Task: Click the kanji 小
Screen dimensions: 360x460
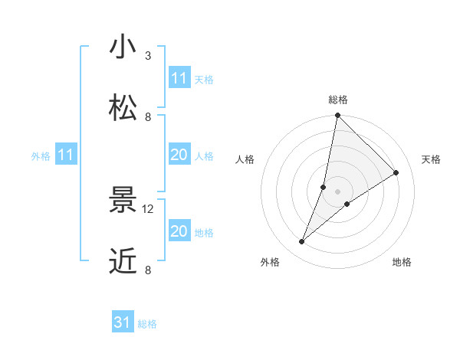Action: [123, 47]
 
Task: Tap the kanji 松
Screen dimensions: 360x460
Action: [123, 108]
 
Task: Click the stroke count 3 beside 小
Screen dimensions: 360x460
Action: [148, 56]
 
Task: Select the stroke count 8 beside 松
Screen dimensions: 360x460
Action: [148, 117]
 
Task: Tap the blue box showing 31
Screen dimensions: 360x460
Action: [123, 323]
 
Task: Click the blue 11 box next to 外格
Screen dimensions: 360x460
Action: [66, 155]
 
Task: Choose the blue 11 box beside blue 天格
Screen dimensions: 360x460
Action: [179, 78]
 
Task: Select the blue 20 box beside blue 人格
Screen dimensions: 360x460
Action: [179, 155]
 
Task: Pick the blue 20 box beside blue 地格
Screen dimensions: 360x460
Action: [179, 231]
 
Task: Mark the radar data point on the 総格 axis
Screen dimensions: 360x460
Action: [337, 116]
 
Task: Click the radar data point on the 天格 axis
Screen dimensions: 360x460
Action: [396, 173]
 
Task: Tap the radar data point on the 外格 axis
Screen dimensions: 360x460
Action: [302, 242]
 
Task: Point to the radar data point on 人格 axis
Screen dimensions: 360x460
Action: [324, 187]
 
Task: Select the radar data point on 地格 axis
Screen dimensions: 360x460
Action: [347, 204]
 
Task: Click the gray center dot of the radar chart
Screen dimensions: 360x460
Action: [337, 191]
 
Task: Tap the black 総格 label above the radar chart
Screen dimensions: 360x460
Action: [337, 100]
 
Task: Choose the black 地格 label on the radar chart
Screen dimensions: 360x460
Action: [402, 262]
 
